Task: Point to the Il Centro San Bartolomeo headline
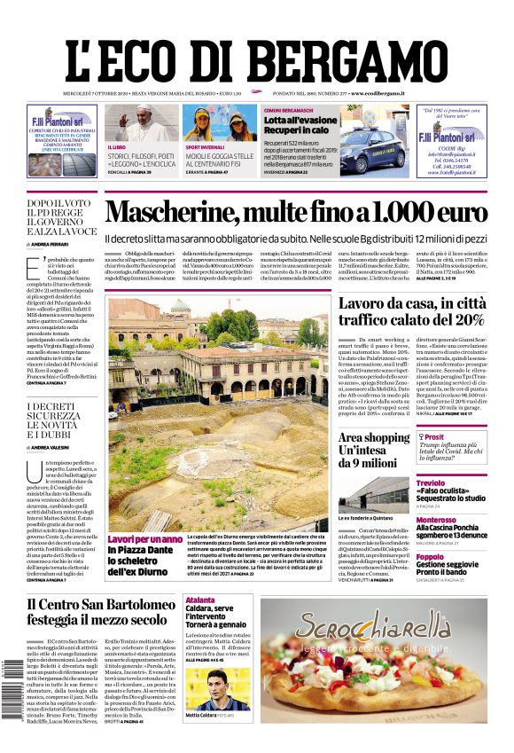point(97,613)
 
